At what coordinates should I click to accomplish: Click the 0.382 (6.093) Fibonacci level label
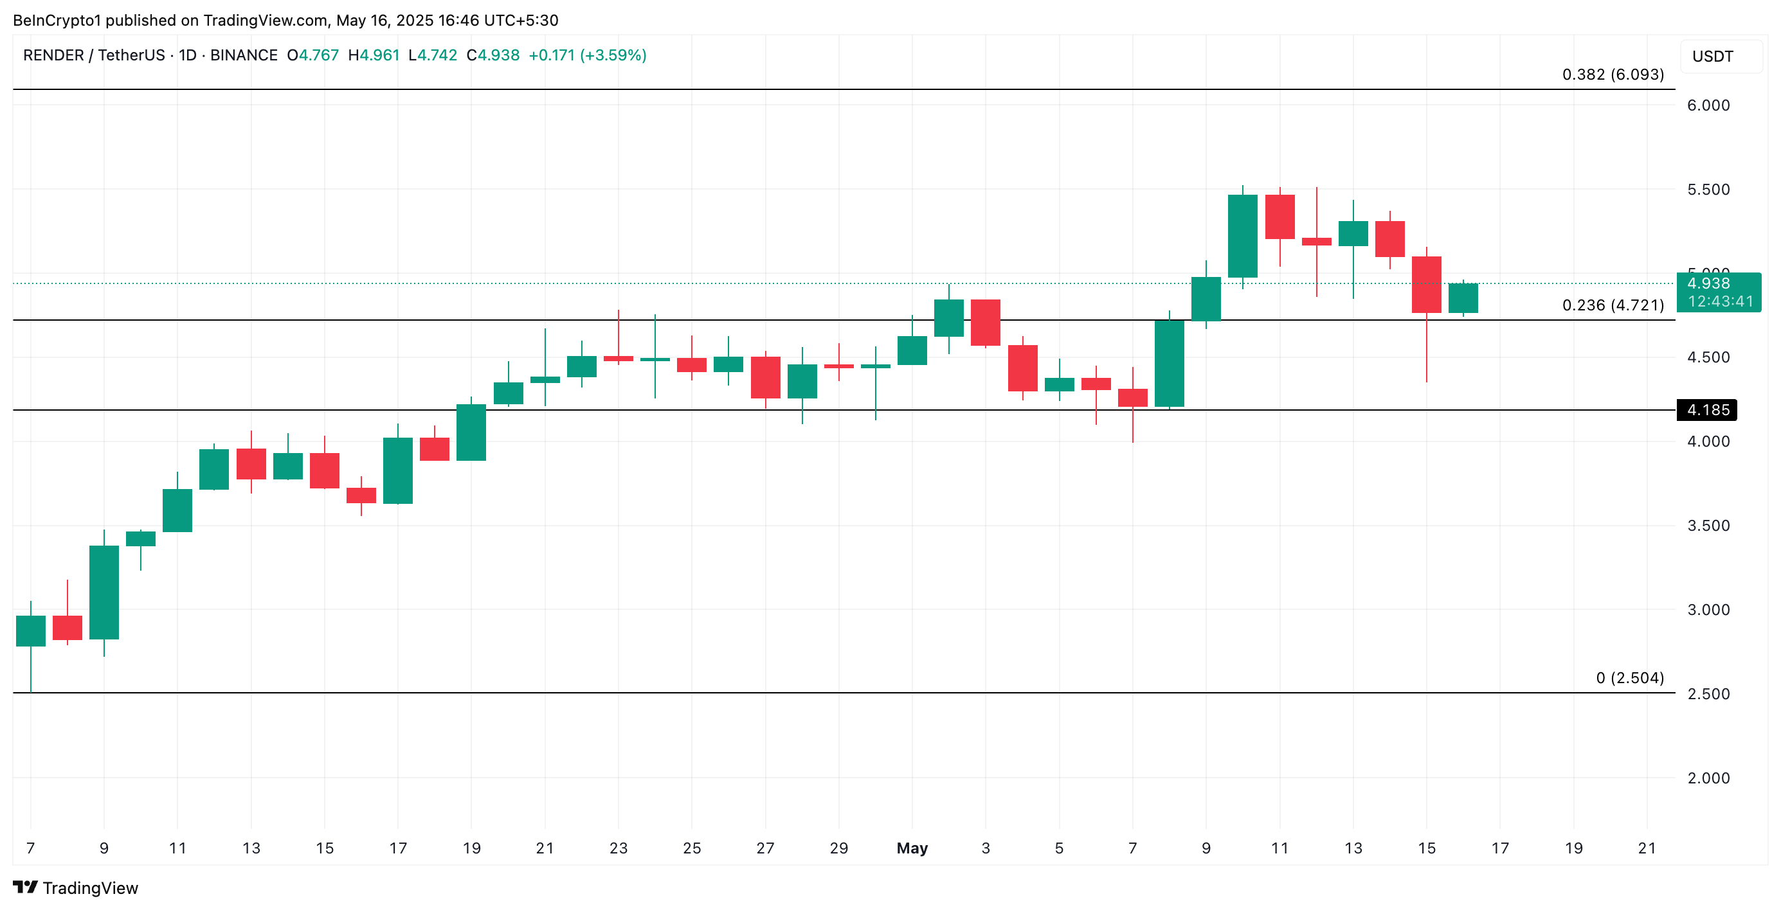[1613, 75]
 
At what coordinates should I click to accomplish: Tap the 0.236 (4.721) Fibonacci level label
[1613, 305]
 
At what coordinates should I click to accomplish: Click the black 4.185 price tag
[1706, 410]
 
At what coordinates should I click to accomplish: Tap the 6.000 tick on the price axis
[1708, 105]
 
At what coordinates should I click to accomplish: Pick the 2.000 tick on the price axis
[1708, 778]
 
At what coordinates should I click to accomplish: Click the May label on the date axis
[912, 848]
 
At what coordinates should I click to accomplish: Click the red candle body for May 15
[1426, 284]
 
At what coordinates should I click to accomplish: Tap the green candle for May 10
[1242, 236]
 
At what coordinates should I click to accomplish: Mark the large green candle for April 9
[104, 592]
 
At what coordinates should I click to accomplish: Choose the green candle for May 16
[1463, 298]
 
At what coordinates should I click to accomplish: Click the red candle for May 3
[985, 322]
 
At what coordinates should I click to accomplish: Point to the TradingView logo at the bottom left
[75, 888]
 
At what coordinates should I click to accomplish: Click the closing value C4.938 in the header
[493, 55]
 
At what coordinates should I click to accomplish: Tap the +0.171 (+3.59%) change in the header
[587, 55]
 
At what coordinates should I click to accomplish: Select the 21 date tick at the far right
[1647, 848]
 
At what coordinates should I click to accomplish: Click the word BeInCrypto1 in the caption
[57, 20]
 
